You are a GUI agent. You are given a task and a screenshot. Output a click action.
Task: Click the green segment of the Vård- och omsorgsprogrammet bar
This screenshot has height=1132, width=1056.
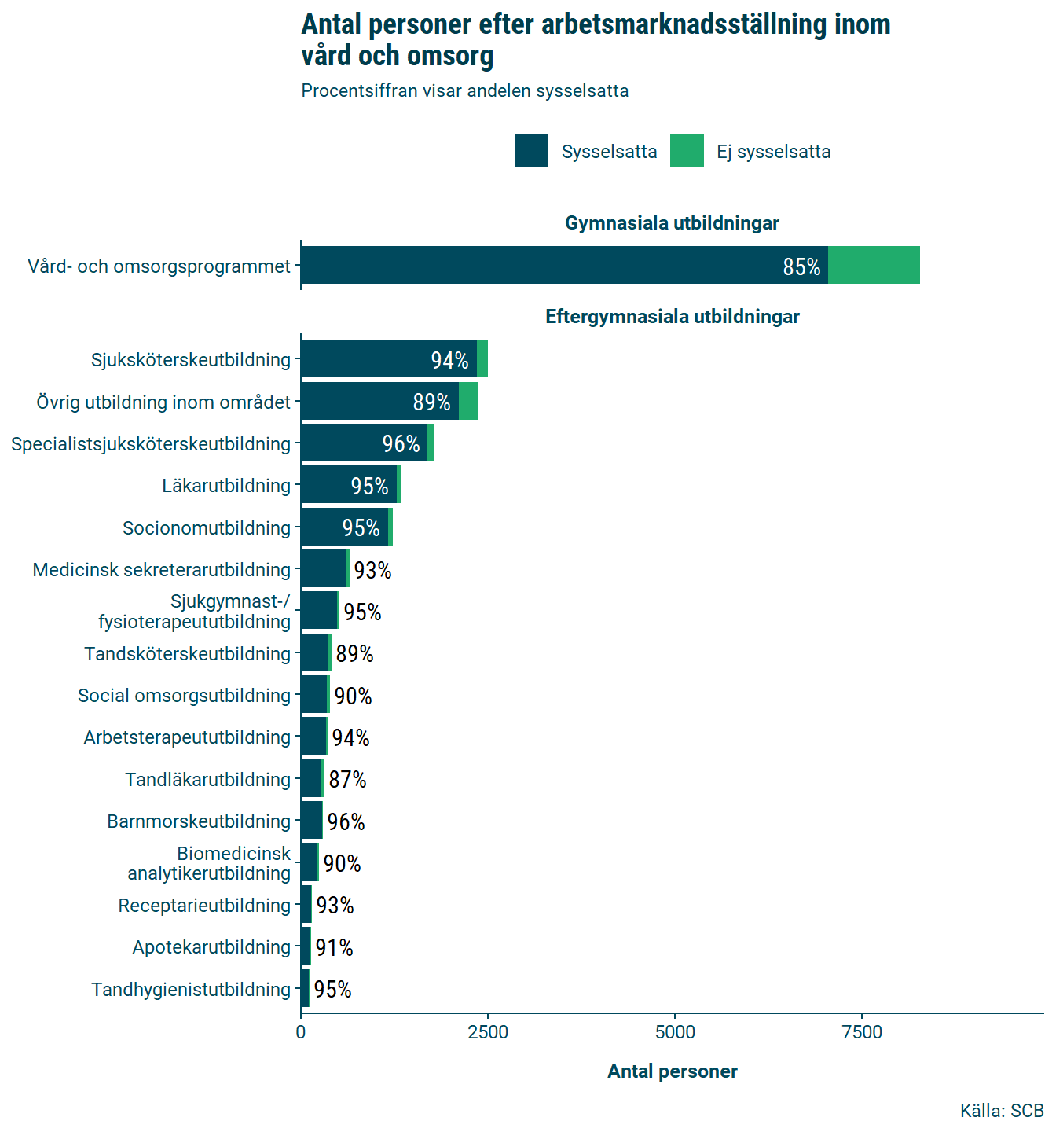coord(874,265)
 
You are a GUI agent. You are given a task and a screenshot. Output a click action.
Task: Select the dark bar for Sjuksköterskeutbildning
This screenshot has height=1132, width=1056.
coord(389,358)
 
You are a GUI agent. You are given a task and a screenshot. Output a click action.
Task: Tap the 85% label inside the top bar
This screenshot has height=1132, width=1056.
coord(801,267)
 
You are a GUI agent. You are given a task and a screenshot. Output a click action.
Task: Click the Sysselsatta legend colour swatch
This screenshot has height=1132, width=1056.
coord(532,150)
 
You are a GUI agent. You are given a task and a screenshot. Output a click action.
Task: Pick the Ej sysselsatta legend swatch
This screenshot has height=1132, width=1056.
coord(687,150)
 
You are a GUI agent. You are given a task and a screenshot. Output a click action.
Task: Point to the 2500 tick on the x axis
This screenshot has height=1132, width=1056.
coord(488,1032)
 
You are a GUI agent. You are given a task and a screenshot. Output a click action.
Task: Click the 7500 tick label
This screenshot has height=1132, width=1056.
coord(862,1032)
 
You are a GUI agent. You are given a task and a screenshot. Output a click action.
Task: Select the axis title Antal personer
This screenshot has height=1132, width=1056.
coord(673,1071)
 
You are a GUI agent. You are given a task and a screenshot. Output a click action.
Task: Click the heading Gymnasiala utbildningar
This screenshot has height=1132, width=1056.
coord(672,223)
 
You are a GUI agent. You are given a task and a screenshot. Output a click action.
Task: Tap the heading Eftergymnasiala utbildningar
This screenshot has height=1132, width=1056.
coord(673,317)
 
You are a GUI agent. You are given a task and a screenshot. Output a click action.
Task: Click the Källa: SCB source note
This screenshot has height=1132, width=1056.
coord(1002,1111)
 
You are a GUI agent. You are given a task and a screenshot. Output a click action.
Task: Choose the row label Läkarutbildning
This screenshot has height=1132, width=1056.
coord(226,486)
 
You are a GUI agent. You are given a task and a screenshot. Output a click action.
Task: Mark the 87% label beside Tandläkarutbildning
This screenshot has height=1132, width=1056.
coord(347,780)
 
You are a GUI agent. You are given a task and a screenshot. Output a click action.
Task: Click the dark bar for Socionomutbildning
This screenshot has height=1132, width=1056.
coord(344,527)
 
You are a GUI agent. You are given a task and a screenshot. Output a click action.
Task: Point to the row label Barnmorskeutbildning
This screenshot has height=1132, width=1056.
coord(199,821)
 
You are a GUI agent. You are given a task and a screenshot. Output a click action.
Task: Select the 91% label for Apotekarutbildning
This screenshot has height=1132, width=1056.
coord(334,948)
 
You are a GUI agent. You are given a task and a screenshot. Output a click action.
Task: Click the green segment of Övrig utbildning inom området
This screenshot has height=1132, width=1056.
coord(468,401)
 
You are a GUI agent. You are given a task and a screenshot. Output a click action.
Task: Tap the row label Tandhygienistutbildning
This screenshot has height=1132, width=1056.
coord(191,990)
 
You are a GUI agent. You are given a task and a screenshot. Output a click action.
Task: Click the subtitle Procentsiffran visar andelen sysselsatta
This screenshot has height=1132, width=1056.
coord(465,90)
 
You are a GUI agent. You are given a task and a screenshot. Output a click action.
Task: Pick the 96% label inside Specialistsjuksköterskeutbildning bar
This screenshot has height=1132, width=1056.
coord(401,444)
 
